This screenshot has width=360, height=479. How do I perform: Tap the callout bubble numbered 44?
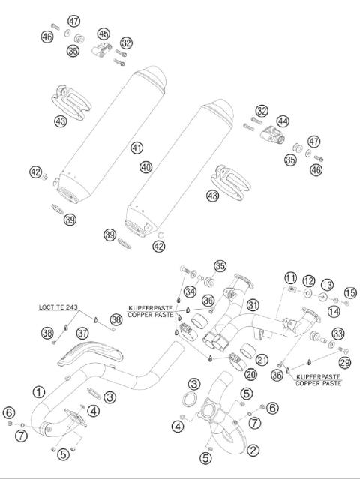click(x=282, y=120)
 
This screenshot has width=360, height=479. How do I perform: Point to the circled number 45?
click(x=103, y=34)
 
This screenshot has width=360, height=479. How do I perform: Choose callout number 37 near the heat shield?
click(x=82, y=332)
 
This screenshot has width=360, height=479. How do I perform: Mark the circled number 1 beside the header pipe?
click(x=39, y=391)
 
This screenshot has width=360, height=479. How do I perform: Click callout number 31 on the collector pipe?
click(x=253, y=304)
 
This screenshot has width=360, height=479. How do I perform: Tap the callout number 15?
click(x=349, y=292)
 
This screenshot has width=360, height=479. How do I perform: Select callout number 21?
click(x=261, y=358)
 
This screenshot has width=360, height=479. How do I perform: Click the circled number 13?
click(x=327, y=285)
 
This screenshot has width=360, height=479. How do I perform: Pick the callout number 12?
click(x=309, y=280)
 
